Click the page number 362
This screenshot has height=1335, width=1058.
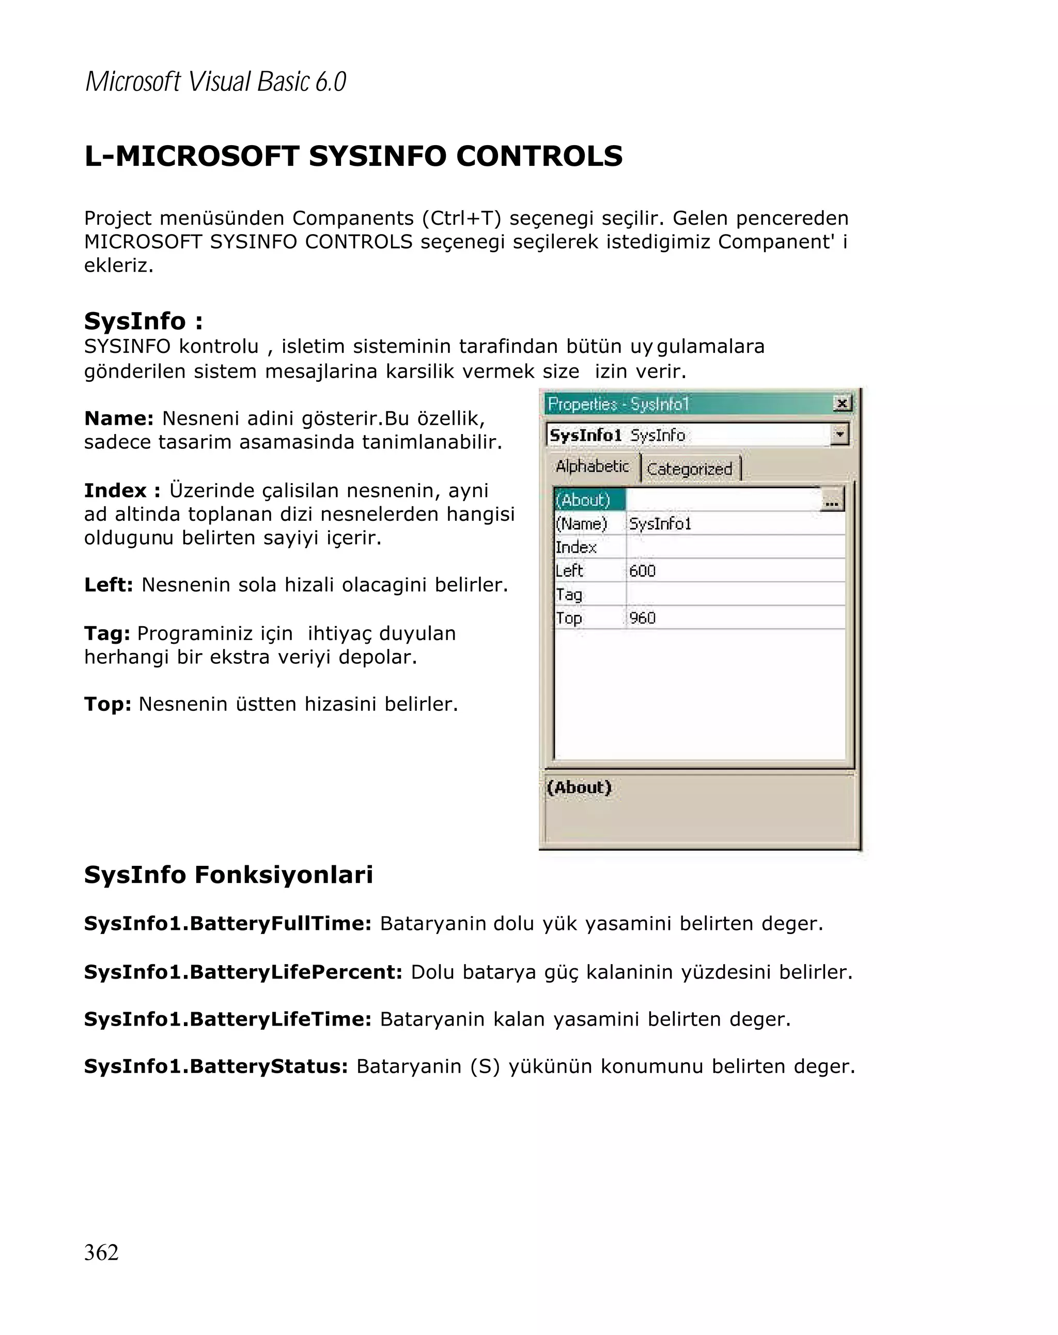(x=101, y=1251)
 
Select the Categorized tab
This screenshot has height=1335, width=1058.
(x=689, y=469)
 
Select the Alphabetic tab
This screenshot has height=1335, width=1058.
(x=592, y=465)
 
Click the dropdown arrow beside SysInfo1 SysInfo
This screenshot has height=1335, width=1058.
(x=839, y=434)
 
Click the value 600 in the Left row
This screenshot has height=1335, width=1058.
(x=642, y=570)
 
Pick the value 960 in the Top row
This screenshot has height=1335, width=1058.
(x=642, y=617)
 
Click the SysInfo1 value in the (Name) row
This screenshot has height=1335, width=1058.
(x=660, y=524)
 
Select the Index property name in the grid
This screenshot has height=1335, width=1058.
(x=575, y=547)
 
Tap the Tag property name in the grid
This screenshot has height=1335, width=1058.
(x=569, y=595)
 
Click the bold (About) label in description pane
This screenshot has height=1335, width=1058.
(x=579, y=787)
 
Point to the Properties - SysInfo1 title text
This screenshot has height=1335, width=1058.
(x=618, y=405)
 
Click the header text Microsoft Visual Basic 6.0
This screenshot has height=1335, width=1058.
(x=215, y=82)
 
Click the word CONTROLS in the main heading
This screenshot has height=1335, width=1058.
(x=539, y=156)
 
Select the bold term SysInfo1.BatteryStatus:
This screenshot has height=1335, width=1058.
(x=216, y=1066)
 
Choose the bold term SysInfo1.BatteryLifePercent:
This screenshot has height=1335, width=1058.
(x=243, y=971)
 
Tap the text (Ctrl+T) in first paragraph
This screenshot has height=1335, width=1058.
(x=461, y=218)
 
